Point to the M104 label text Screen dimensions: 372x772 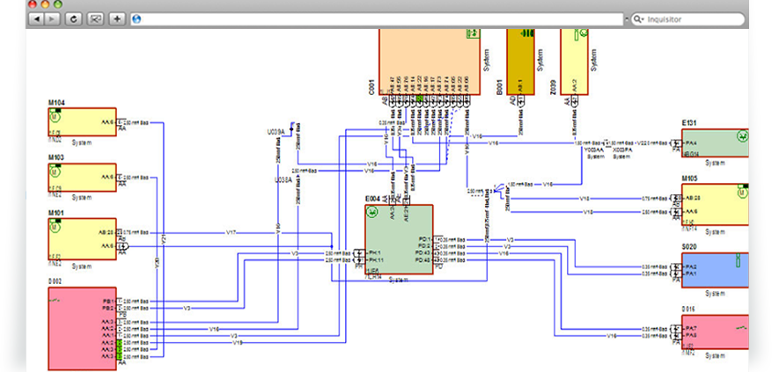59,102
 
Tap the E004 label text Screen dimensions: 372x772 374,199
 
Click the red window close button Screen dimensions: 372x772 31,3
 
